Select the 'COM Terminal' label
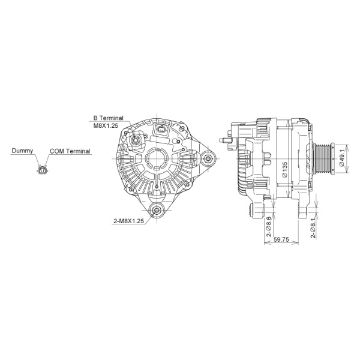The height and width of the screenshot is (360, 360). click(70, 151)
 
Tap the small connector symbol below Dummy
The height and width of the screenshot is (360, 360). click(41, 170)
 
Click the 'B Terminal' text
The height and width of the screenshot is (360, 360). click(107, 119)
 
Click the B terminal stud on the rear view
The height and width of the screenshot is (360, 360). click(136, 140)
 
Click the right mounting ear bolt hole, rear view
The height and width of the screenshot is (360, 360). click(208, 159)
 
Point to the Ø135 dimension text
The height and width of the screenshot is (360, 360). click(284, 170)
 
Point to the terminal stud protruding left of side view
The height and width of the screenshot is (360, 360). click(224, 142)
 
